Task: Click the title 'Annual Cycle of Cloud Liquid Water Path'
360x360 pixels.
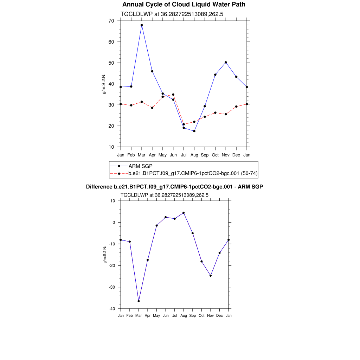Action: click(184, 5)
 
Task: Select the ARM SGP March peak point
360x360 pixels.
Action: click(142, 25)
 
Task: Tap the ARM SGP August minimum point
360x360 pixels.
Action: click(194, 131)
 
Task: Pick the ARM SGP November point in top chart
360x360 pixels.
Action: click(226, 62)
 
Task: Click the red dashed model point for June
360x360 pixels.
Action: click(173, 95)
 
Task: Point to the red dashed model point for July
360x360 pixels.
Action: click(184, 124)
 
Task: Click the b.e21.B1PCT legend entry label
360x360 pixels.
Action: click(193, 173)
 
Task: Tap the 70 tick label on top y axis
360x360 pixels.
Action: click(111, 21)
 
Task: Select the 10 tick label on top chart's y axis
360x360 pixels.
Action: click(111, 147)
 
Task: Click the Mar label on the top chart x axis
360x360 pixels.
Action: click(142, 155)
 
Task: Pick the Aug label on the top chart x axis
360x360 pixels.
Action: click(194, 155)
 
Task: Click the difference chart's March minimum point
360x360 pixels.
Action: click(139, 301)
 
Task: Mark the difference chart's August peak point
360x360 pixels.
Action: click(184, 213)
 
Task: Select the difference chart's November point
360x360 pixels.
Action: click(211, 276)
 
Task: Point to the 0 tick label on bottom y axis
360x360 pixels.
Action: click(114, 223)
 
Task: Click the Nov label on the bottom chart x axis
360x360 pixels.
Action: click(211, 316)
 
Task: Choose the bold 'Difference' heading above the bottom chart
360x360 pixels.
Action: click(174, 187)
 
